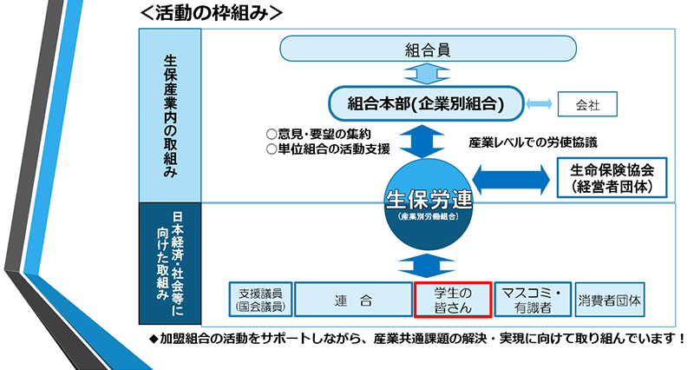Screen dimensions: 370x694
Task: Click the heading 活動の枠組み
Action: point(207,13)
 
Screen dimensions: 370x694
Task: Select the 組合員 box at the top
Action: point(428,49)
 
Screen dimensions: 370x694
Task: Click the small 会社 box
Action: point(587,105)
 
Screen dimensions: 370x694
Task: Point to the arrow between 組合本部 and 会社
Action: point(540,105)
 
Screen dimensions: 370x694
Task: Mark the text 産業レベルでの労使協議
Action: point(533,142)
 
